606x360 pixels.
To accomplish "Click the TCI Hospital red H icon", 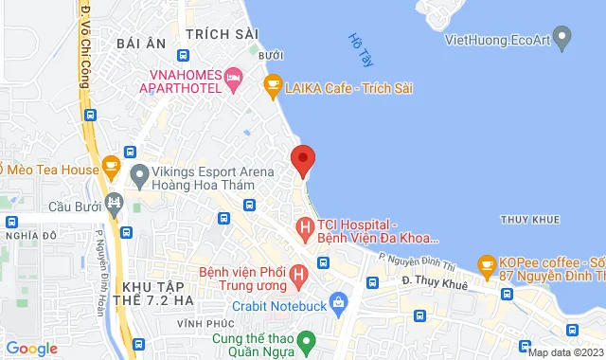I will coord(305,228).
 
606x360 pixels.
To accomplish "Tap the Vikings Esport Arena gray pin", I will coord(139,175).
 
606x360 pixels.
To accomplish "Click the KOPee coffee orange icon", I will coord(487,262).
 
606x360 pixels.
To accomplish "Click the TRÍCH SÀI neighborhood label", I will coord(223,33).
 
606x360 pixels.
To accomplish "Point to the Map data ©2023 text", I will coord(564,352).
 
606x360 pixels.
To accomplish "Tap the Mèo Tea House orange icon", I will coord(111,169).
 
